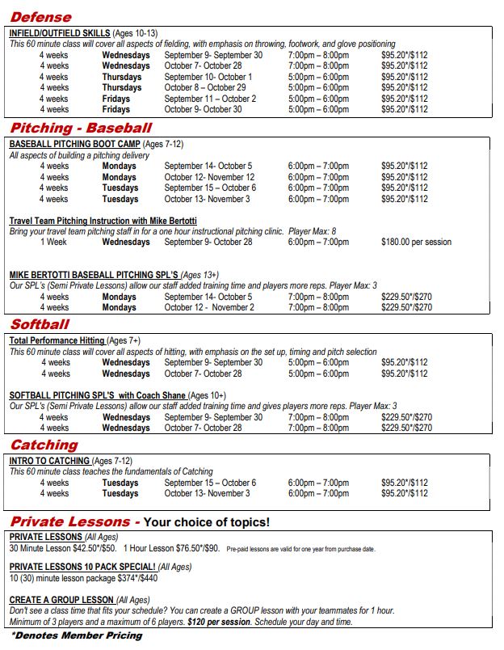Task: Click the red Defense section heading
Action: (40, 17)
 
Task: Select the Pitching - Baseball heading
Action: (81, 128)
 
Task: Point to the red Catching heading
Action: (44, 445)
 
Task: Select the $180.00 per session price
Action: (416, 242)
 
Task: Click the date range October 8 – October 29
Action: (205, 88)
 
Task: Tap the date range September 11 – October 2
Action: (210, 99)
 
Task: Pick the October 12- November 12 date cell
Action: (209, 177)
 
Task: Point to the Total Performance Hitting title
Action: (57, 341)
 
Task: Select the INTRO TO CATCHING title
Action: (49, 461)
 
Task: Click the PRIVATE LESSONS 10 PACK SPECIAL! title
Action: (82, 568)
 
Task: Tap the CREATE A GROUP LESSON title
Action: (61, 600)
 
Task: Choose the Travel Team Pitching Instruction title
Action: (103, 221)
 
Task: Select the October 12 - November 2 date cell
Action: (209, 307)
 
